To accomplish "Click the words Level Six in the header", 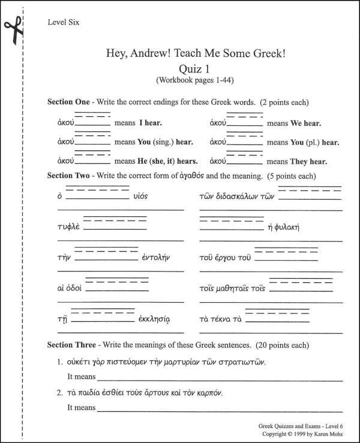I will tap(63, 23).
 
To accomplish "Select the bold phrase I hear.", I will tap(151, 123).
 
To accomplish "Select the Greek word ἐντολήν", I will tap(157, 258).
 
